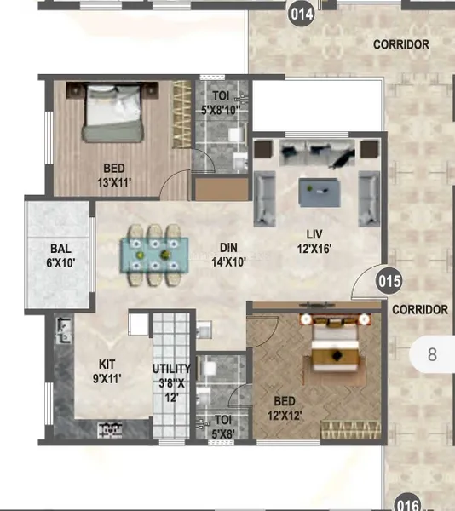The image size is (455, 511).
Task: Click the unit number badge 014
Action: [302, 14]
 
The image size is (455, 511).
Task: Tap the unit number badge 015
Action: [389, 281]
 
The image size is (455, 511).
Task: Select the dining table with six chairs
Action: [154, 255]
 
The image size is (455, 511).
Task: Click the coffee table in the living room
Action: [320, 192]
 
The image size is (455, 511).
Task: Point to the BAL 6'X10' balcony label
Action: [60, 255]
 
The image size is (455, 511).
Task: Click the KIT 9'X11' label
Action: [107, 371]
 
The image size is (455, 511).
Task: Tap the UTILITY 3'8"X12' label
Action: [172, 383]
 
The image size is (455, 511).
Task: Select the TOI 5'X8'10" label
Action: [221, 103]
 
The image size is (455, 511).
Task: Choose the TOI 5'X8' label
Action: [223, 427]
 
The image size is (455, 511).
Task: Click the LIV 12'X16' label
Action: [314, 242]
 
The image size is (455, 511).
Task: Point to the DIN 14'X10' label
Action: [228, 255]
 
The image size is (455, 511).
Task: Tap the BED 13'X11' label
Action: [114, 175]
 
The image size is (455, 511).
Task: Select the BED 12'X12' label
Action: [285, 408]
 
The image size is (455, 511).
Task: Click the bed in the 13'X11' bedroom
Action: [113, 112]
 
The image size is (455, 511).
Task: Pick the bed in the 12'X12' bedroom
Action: [336, 346]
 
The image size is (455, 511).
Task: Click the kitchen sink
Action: [63, 331]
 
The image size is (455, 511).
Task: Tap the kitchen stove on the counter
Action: [110, 430]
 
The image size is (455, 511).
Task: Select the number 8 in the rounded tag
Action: [432, 354]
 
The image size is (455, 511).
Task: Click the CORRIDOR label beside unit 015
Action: [420, 310]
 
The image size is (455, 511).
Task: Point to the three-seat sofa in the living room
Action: [317, 152]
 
